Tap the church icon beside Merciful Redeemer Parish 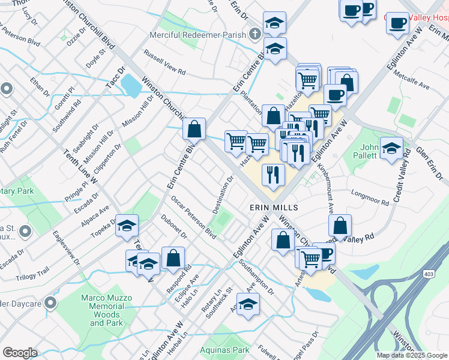[x=256, y=34]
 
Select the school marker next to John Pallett [x=391, y=148]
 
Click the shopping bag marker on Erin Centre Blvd [x=194, y=128]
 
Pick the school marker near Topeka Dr [x=127, y=226]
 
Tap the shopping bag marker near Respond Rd [x=173, y=258]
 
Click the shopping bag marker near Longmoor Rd [x=340, y=226]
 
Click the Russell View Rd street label [x=164, y=62]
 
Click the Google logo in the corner [x=20, y=353]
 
